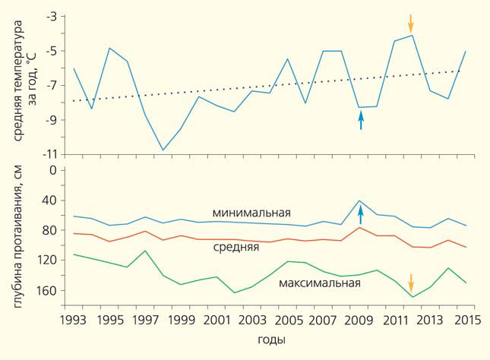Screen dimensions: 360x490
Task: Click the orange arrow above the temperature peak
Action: [x=411, y=22]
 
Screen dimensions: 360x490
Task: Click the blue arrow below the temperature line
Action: [x=361, y=120]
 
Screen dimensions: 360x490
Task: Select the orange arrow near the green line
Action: [x=411, y=283]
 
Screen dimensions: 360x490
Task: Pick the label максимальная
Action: [x=319, y=283]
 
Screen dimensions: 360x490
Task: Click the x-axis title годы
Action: [x=271, y=338]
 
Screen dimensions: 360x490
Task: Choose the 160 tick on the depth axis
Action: [x=47, y=290]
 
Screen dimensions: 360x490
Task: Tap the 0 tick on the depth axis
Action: [x=53, y=170]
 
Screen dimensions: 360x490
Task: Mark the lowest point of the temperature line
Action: [x=163, y=150]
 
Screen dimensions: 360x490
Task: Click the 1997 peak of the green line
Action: [x=145, y=251]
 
